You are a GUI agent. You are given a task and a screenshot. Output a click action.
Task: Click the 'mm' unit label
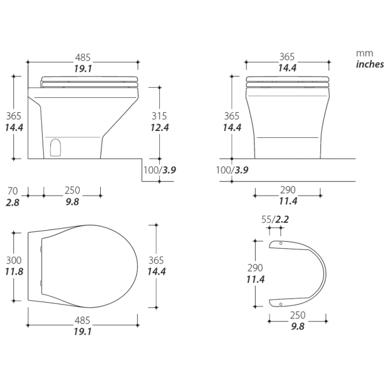[x=364, y=53]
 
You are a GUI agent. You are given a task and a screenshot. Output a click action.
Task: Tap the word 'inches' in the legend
[x=370, y=65]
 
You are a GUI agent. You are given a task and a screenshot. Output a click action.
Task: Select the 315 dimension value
[x=159, y=116]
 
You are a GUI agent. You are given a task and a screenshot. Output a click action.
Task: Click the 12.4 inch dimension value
[x=160, y=128]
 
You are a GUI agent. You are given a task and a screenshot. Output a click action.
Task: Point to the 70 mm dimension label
[x=13, y=191]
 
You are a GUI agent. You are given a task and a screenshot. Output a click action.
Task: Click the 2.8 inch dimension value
[x=13, y=202]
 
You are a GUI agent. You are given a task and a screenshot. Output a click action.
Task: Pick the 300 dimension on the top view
[x=14, y=260]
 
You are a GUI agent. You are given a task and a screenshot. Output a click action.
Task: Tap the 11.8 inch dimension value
[x=14, y=271]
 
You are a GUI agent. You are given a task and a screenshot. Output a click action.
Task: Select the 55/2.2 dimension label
[x=275, y=219]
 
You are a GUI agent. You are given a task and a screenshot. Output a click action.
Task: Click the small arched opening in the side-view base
[x=55, y=148]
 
